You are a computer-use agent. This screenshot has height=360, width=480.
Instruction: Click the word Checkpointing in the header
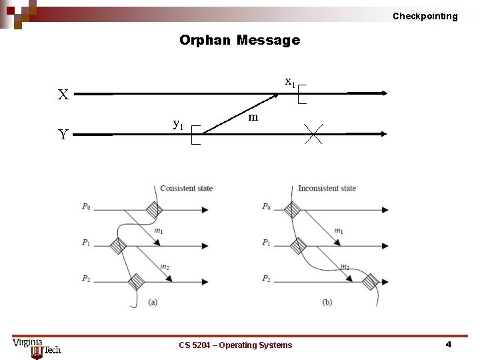pos(425,16)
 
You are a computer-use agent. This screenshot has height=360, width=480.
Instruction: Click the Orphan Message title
pos(239,40)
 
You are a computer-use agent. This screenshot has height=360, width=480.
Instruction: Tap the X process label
pos(63,95)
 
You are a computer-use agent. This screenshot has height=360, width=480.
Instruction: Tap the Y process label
pos(63,135)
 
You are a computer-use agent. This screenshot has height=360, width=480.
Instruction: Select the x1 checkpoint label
pos(290,82)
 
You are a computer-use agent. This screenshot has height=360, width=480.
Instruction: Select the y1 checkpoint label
pos(178,124)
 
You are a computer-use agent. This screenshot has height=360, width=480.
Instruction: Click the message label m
pos(253,117)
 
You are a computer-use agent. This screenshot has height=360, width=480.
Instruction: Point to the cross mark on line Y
pos(313,134)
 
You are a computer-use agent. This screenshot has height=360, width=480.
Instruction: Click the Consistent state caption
pos(186,188)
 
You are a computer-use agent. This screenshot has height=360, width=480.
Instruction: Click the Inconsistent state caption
pos(327,188)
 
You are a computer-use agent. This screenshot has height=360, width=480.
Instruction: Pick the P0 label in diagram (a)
pos(86,207)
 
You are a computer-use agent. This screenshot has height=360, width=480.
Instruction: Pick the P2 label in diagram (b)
pos(265,279)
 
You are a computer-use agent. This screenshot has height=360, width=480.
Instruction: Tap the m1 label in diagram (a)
pos(159,231)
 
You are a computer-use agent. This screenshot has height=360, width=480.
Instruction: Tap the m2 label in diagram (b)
pos(345,267)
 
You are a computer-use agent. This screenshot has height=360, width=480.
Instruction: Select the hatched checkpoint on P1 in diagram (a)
pos(118,245)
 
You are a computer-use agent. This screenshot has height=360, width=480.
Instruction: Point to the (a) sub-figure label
pos(153,302)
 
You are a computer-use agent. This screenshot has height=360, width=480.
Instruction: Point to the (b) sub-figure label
pos(327,302)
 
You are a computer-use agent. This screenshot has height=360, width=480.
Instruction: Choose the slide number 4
pos(448,345)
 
